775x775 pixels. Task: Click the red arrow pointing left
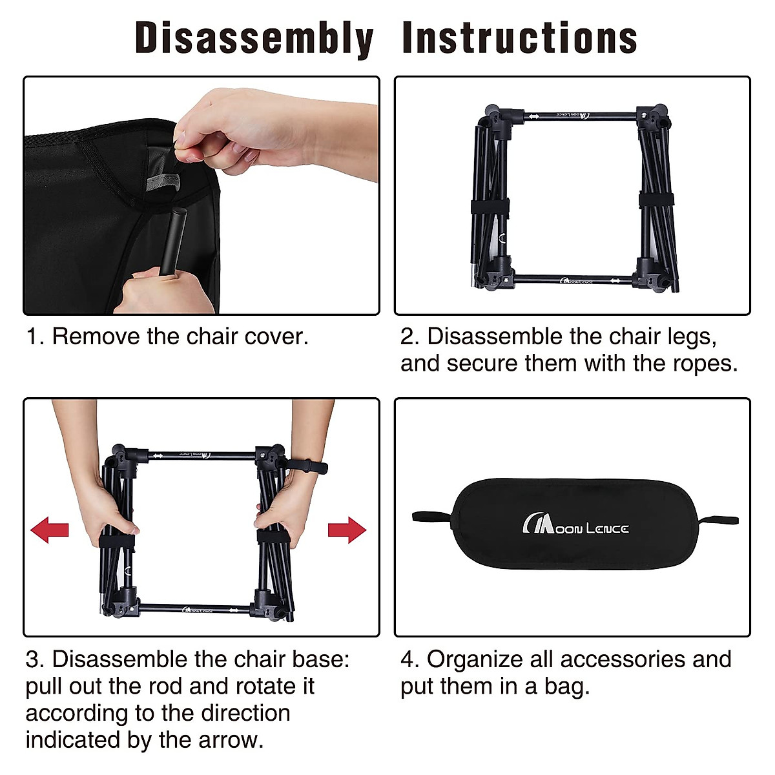point(50,530)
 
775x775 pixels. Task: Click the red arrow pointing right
point(347,530)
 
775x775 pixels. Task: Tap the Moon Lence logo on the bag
point(575,523)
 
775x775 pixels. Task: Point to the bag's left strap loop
point(432,517)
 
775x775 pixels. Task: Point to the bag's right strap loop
point(718,520)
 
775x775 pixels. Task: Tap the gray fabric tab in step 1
point(163,181)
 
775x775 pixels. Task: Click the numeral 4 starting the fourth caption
point(409,659)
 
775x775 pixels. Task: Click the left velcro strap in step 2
point(490,207)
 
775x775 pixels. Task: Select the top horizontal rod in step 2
point(581,116)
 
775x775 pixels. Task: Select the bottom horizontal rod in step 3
point(194,609)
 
